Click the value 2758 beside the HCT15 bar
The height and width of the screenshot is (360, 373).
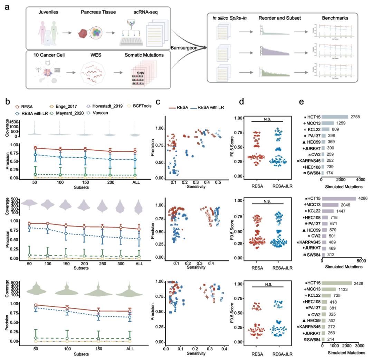(355, 117)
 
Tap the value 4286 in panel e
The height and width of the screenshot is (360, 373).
(363, 199)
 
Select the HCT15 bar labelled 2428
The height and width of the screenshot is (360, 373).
(337, 283)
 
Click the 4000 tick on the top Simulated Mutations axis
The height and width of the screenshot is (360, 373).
(360, 179)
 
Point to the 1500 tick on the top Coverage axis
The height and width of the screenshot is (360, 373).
(13, 122)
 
